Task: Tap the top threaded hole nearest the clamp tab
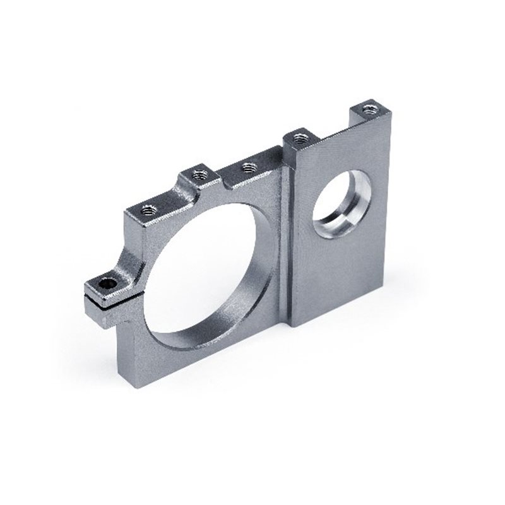click(x=148, y=209)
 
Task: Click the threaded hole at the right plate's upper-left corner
click(x=300, y=136)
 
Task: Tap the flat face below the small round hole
click(x=335, y=278)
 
